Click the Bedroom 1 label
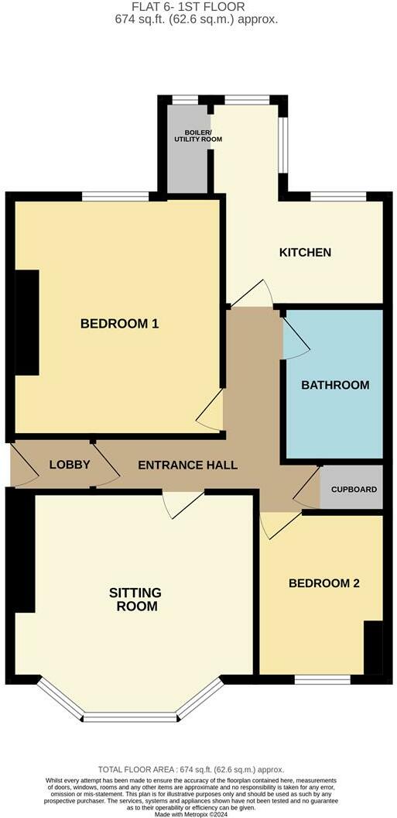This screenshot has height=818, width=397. coord(119,323)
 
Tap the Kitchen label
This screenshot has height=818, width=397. coord(305,253)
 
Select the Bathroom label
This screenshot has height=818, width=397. coord(335,384)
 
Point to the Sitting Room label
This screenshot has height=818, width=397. coord(135,599)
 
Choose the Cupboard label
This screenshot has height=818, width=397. coord(354,490)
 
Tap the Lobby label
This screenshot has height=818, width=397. coord(70,465)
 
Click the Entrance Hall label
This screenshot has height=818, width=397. coord(187,465)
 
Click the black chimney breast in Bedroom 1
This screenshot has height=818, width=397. coord(28,323)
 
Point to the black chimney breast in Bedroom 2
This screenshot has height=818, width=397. coord(373,647)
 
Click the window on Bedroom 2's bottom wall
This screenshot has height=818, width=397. coord(322,679)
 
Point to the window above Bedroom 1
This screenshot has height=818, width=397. coord(115,196)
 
